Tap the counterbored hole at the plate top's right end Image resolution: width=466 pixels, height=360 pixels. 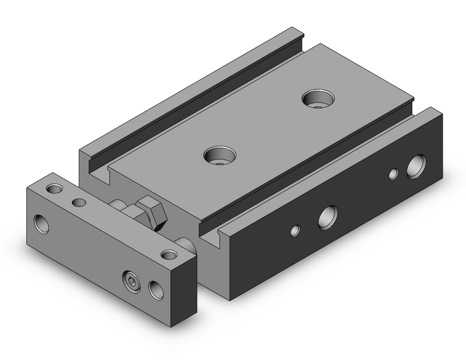coord(169,254)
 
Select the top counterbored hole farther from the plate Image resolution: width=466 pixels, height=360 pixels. coord(317,98)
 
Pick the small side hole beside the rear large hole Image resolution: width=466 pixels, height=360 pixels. coord(394,174)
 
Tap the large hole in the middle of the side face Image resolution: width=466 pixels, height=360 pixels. coord(328,216)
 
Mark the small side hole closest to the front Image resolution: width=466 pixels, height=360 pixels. coord(295,230)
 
